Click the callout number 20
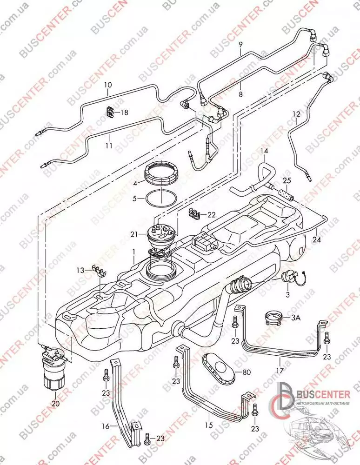pos(56,404)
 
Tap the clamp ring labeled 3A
pos(274,318)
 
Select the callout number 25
pos(287,180)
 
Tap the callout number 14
pos(264,151)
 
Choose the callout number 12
pos(296,113)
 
